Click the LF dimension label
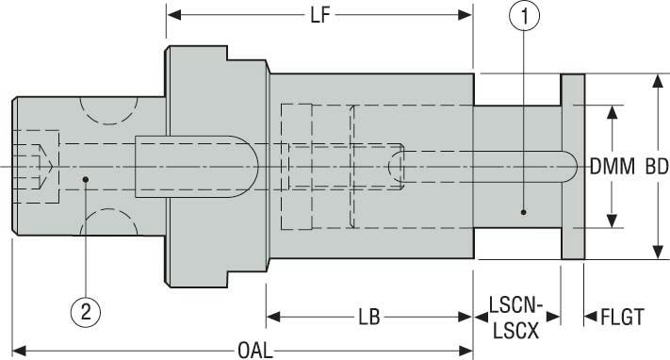[x=319, y=15]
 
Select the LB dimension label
[x=368, y=318]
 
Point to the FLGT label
[x=621, y=318]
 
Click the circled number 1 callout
[x=525, y=16]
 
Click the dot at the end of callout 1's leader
[x=525, y=212]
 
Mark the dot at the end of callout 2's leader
[x=85, y=177]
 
